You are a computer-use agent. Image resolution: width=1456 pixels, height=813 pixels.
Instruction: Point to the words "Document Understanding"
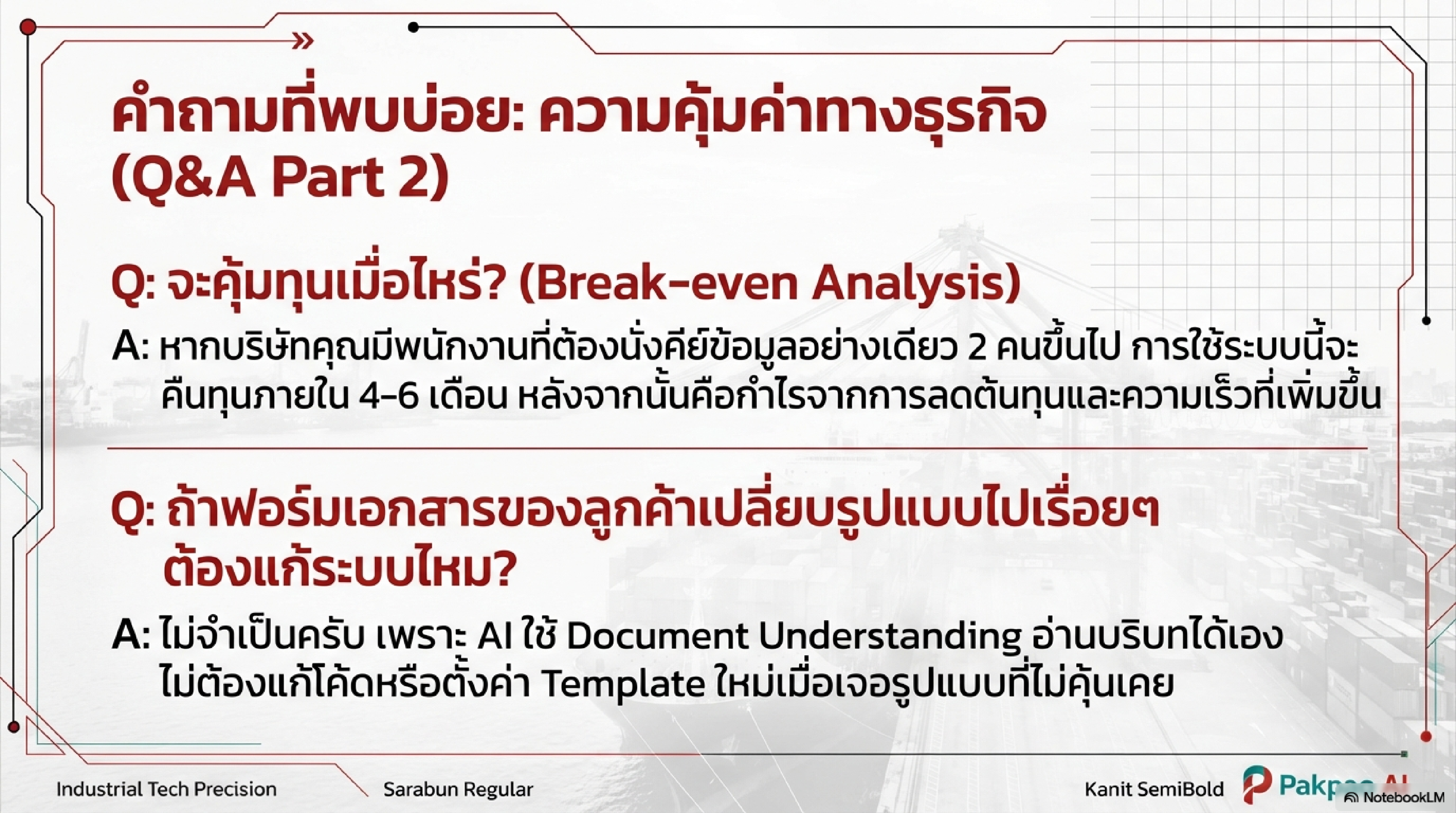click(x=794, y=636)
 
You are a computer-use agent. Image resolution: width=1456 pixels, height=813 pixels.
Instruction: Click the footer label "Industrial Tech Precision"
click(x=167, y=789)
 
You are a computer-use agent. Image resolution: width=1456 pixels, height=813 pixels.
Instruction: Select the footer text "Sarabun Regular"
click(x=458, y=789)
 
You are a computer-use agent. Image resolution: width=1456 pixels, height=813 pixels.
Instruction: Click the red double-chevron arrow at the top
click(x=304, y=41)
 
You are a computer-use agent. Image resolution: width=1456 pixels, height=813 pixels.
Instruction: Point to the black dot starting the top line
click(x=413, y=27)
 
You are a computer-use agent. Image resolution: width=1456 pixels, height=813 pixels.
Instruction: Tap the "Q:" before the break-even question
click(x=133, y=284)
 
